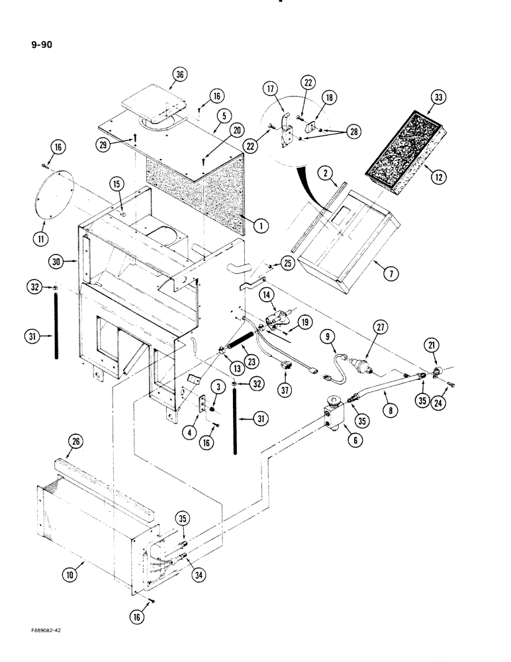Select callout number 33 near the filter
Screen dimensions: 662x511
click(x=437, y=97)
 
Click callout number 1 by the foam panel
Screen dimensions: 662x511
click(x=261, y=225)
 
